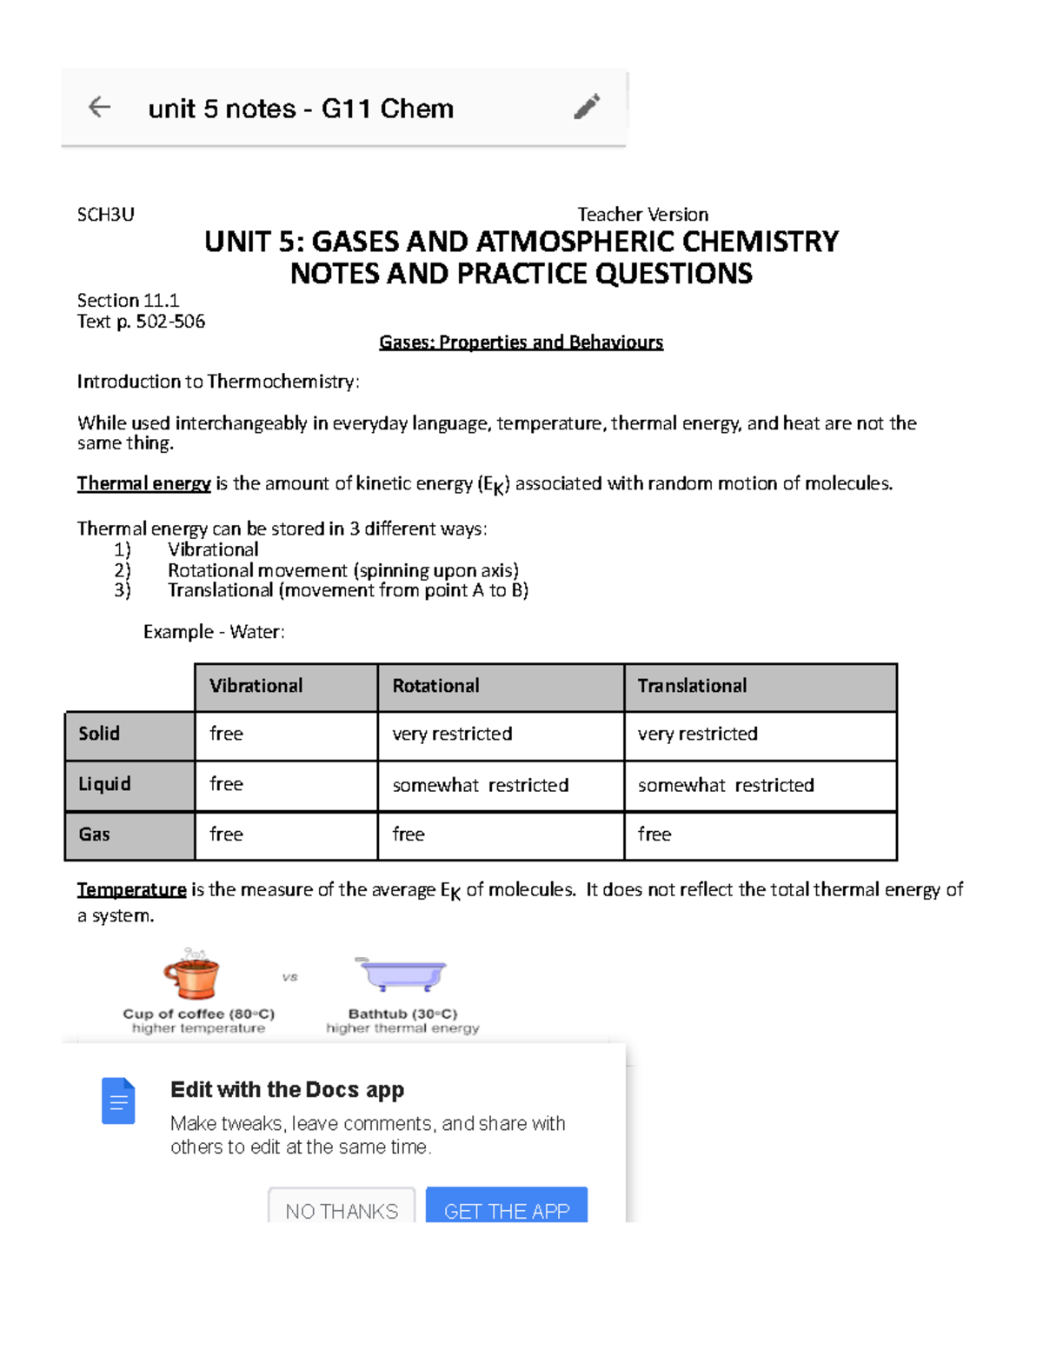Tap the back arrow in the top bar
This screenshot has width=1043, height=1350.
pos(100,107)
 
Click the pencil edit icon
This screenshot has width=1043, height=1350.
pos(587,106)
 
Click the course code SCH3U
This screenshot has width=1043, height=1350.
pos(105,215)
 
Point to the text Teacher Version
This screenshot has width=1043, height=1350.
pos(642,215)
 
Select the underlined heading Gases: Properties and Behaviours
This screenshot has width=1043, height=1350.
pos(521,342)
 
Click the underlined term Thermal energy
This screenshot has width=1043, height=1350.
pos(143,483)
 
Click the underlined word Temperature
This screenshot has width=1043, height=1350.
pos(131,889)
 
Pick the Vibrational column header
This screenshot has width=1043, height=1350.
pos(256,686)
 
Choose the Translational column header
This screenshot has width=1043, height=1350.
pos(692,686)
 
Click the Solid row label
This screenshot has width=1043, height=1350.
pos(99,734)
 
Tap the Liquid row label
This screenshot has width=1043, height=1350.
pos(104,784)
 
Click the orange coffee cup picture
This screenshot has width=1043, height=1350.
pos(192,974)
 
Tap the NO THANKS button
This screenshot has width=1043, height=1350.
pos(341,1208)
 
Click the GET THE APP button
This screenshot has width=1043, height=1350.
pos(507,1208)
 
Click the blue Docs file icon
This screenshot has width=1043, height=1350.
pos(118,1101)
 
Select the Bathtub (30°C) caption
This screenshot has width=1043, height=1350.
pos(402,1014)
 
